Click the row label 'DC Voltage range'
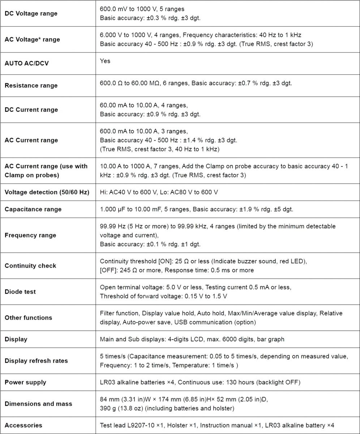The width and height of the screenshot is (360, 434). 31,13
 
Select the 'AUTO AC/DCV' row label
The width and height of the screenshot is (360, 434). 26,63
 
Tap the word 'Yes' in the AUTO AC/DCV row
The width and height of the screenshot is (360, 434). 105,61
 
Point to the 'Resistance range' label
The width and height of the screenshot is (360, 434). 31,85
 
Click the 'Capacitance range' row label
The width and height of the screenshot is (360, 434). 33,209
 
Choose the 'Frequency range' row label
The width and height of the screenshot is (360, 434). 30,235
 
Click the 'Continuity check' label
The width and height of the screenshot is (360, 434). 30,265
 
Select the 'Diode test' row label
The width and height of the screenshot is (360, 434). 20,292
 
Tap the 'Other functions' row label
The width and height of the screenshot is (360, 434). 28,318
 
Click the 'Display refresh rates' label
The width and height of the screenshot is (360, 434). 36,361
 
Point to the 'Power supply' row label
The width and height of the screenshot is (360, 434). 25,382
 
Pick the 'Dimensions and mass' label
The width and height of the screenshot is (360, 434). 38,404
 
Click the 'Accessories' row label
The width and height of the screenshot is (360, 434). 23,425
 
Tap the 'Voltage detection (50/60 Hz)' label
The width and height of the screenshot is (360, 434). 47,192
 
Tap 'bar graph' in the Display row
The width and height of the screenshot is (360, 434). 272,339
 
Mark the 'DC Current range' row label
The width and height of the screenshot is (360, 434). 31,110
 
